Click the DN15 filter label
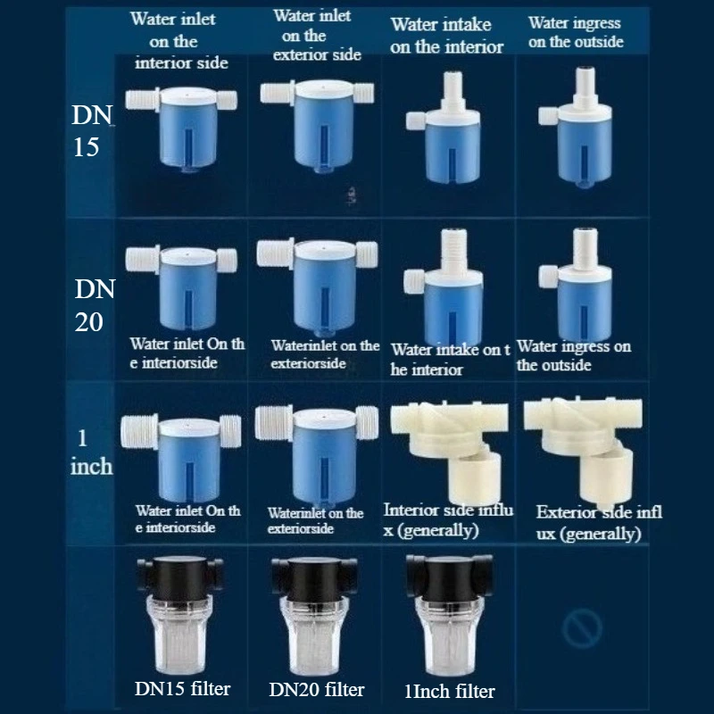183,688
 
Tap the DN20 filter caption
317,689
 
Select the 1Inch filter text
450,691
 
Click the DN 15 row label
92,130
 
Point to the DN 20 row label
95,305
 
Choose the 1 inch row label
91,452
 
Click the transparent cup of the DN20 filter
315,636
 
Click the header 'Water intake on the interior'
447,36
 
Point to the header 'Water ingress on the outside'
576,32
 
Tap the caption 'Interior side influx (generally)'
449,520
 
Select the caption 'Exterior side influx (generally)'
599,523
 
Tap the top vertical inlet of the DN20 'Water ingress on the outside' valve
585,249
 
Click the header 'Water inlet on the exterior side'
317,36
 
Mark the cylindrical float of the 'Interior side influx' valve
475,476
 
